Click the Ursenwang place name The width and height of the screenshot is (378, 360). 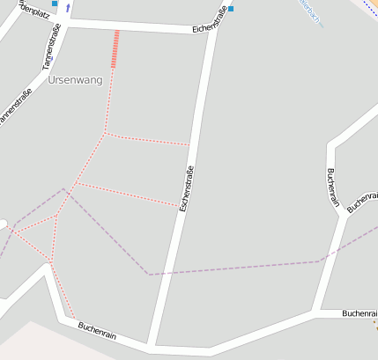(76, 80)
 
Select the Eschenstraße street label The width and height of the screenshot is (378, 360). (186, 188)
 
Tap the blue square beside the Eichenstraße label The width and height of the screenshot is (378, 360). (231, 10)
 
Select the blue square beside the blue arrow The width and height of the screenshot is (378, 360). (55, 4)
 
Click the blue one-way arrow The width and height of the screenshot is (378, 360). (68, 7)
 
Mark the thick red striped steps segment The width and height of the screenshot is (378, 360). (115, 48)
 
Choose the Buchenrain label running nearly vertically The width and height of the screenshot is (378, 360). (332, 187)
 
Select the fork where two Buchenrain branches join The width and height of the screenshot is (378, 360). (343, 215)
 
